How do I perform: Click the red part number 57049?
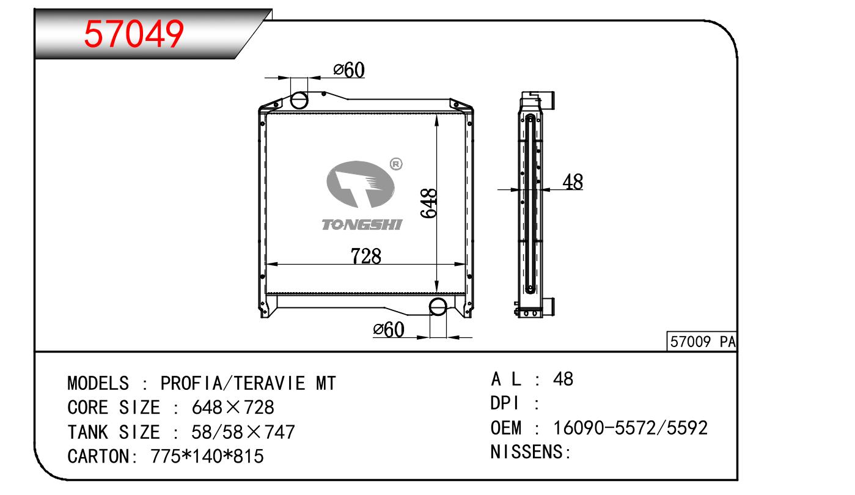pyautogui.click(x=134, y=34)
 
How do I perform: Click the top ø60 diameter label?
pyautogui.click(x=349, y=70)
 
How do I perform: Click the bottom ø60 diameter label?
pyautogui.click(x=389, y=329)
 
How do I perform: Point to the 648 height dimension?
pyautogui.click(x=428, y=203)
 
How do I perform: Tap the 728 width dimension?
pyautogui.click(x=365, y=256)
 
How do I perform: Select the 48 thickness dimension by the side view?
pyautogui.click(x=573, y=182)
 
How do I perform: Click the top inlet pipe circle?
pyautogui.click(x=299, y=100)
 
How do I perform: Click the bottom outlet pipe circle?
pyautogui.click(x=438, y=307)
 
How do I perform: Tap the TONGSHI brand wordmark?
pyautogui.click(x=361, y=225)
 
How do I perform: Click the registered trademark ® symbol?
pyautogui.click(x=396, y=164)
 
